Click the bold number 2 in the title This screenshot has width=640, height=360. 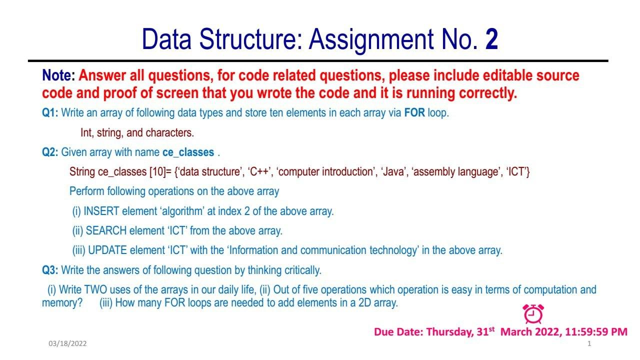[x=491, y=39]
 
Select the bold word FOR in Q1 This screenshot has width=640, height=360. [x=414, y=113]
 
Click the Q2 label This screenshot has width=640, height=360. [x=50, y=152]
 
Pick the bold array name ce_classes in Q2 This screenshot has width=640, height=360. [x=188, y=152]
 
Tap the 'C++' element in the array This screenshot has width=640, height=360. [x=259, y=171]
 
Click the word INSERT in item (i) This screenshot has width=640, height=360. [x=101, y=211]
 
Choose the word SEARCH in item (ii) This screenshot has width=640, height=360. [x=106, y=231]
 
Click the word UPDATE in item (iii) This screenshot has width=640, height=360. [x=107, y=250]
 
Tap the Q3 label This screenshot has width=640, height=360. [x=50, y=270]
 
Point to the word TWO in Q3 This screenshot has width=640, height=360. [x=95, y=289]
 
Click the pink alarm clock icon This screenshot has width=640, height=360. [x=533, y=314]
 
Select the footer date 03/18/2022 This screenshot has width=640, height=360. [x=67, y=343]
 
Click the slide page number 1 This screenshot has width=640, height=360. [x=589, y=343]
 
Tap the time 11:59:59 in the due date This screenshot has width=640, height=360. [x=586, y=332]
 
